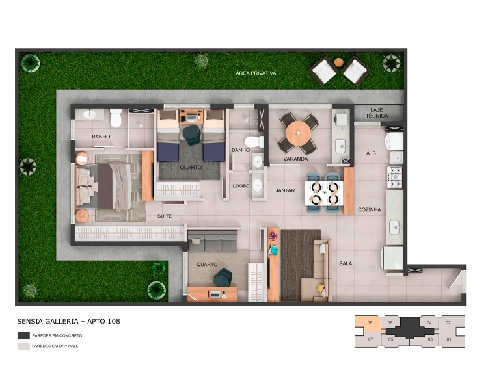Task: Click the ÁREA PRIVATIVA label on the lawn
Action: click(256, 73)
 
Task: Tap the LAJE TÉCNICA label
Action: click(377, 113)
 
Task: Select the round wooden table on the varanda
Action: click(298, 133)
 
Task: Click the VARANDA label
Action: click(295, 159)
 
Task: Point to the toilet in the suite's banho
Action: click(115, 118)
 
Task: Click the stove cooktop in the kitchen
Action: click(395, 177)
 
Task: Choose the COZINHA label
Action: click(369, 209)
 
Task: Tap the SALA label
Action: click(346, 263)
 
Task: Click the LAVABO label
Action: click(241, 186)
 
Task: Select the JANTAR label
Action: click(285, 190)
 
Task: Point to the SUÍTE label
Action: click(165, 215)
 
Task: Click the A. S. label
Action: click(372, 153)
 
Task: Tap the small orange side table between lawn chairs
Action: click(338, 62)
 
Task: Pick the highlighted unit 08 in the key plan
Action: click(368, 323)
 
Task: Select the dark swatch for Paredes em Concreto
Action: click(23, 335)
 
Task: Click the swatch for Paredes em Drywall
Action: click(23, 346)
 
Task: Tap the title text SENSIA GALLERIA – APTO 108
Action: click(68, 322)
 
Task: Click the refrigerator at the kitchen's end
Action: click(393, 258)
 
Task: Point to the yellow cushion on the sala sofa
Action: click(320, 288)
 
